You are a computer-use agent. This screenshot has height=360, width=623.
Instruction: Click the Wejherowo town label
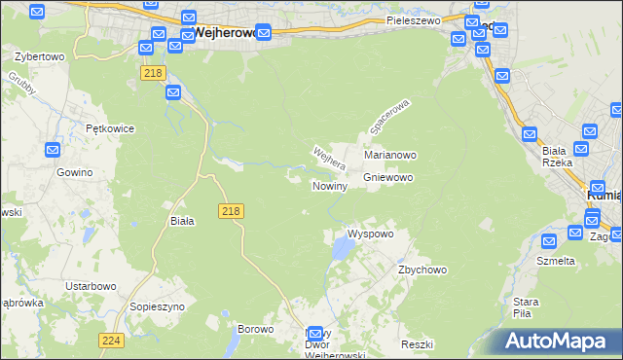tap(226, 31)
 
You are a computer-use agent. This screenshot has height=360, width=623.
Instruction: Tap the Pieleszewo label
tap(413, 19)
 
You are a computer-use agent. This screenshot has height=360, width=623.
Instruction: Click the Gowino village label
tap(74, 172)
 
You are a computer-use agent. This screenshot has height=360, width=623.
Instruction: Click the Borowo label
tap(255, 329)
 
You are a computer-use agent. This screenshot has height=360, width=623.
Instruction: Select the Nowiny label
tap(330, 185)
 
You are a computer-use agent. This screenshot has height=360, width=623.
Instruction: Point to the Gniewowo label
tap(388, 178)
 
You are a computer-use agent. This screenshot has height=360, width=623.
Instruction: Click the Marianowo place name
tap(390, 155)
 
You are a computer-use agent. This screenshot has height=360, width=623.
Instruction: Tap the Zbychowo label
tap(421, 270)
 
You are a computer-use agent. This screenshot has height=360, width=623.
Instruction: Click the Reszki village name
tap(416, 345)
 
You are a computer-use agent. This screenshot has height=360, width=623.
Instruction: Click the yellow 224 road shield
tap(111, 340)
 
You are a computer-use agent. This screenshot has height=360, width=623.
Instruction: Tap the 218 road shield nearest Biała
tap(232, 210)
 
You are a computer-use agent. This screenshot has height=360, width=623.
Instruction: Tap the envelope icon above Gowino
tap(54, 150)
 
